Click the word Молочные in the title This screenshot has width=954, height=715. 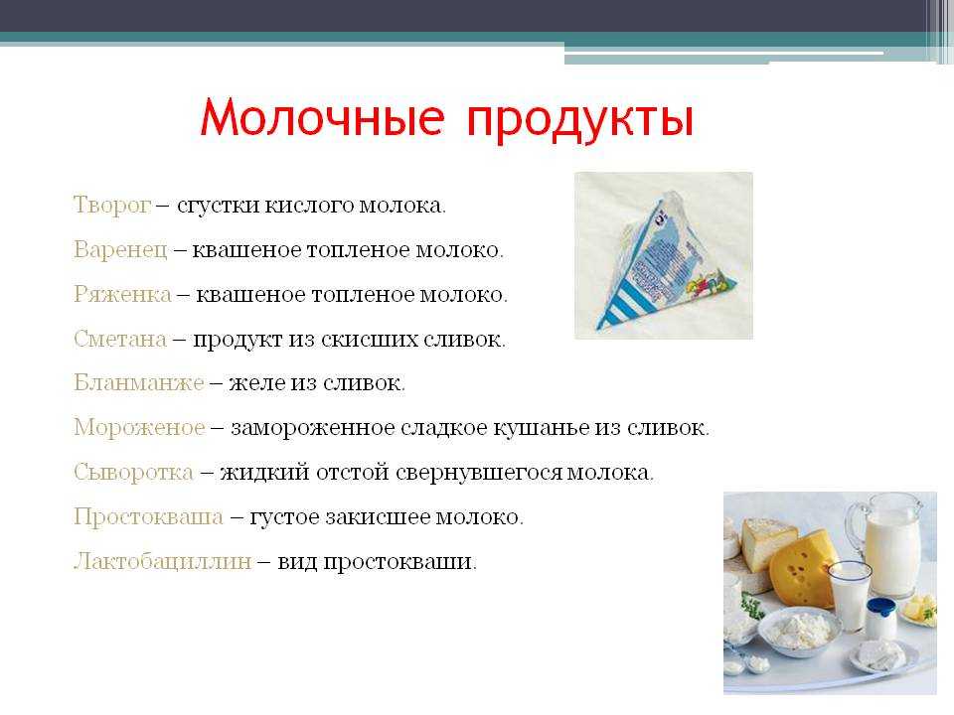(322, 117)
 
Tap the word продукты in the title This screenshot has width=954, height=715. (580, 120)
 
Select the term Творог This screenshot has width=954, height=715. (112, 206)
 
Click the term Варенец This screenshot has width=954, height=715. (120, 250)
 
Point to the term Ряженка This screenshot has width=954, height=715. (122, 294)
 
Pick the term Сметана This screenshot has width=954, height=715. (120, 339)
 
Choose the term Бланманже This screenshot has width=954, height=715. (139, 383)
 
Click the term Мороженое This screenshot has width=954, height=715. (139, 427)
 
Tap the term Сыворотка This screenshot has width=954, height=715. (134, 473)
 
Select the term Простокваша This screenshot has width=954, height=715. (148, 516)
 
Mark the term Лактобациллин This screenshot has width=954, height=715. (162, 561)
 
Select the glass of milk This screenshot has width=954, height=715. (850, 595)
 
